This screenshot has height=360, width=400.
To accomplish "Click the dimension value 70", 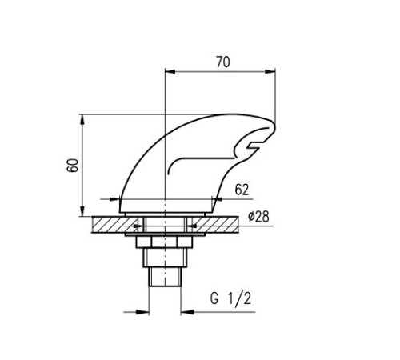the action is click(223, 62).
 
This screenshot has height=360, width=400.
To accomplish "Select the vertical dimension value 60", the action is click(73, 165).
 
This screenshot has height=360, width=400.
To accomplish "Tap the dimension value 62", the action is click(242, 190).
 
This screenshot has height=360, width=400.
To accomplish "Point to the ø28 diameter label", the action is click(258, 217).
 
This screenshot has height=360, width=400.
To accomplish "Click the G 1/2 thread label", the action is click(231, 298).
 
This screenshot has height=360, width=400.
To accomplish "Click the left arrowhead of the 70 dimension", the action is click(170, 71).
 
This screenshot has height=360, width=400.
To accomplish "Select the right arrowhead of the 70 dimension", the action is click(270, 71).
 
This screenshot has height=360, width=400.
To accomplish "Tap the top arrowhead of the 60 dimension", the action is click(82, 119).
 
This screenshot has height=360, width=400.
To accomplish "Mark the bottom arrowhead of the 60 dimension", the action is click(82, 211).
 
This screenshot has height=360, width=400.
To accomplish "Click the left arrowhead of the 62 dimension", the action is click(115, 199).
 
